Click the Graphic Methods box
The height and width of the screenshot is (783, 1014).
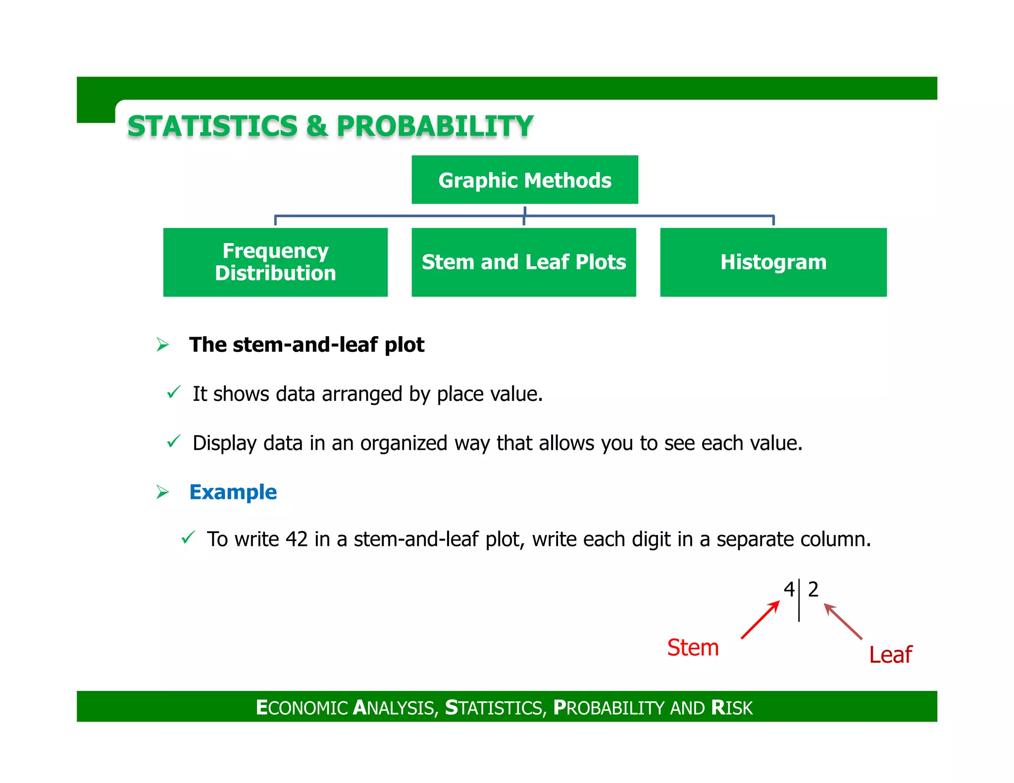524,180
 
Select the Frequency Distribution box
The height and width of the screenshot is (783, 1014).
275,262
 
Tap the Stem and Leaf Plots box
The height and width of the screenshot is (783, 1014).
523,262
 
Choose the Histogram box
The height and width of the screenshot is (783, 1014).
773,262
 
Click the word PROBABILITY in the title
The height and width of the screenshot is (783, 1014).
435,126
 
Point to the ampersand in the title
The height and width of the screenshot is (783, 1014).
317,126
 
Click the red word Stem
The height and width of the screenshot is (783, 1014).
692,647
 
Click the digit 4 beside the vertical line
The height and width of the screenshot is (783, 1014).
789,589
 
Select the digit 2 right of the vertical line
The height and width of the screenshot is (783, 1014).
813,589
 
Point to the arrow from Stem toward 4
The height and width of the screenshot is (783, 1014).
760,620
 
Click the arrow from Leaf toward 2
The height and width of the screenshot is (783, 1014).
843,622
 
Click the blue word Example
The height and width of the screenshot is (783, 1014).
233,492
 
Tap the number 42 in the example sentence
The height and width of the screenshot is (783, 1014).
297,539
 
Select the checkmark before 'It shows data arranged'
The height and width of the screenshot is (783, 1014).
174,392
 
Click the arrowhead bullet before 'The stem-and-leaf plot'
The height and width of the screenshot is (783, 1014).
162,344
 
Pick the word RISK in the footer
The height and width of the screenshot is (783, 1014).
731,707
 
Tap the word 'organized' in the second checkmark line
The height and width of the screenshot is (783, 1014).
404,443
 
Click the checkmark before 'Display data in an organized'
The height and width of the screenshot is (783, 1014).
174,441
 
